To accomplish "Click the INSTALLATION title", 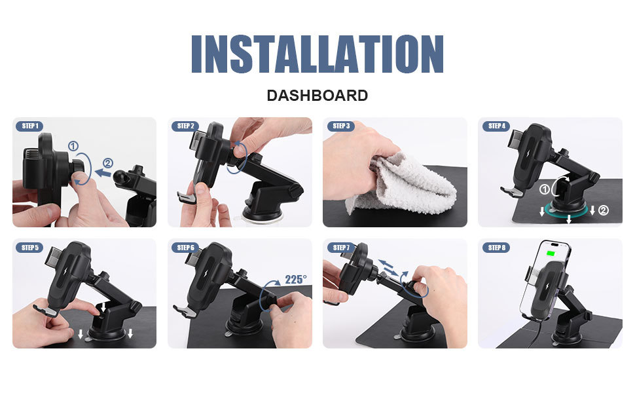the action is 317,54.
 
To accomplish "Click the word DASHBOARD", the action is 317,96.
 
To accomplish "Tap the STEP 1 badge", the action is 29,126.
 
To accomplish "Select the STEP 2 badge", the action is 185,126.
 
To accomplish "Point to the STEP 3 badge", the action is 340,126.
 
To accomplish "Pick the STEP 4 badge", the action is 496,126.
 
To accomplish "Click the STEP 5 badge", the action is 29,248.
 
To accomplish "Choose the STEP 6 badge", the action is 185,248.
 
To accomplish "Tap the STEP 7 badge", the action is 340,248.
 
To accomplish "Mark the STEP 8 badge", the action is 496,248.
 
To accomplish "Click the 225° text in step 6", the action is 296,280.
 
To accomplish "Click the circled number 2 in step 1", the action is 108,163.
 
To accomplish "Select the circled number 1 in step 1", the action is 73,146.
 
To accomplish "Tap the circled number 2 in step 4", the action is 604,210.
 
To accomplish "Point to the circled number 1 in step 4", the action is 544,189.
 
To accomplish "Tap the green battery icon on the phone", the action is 551,254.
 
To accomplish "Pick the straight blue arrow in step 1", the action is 103,174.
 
